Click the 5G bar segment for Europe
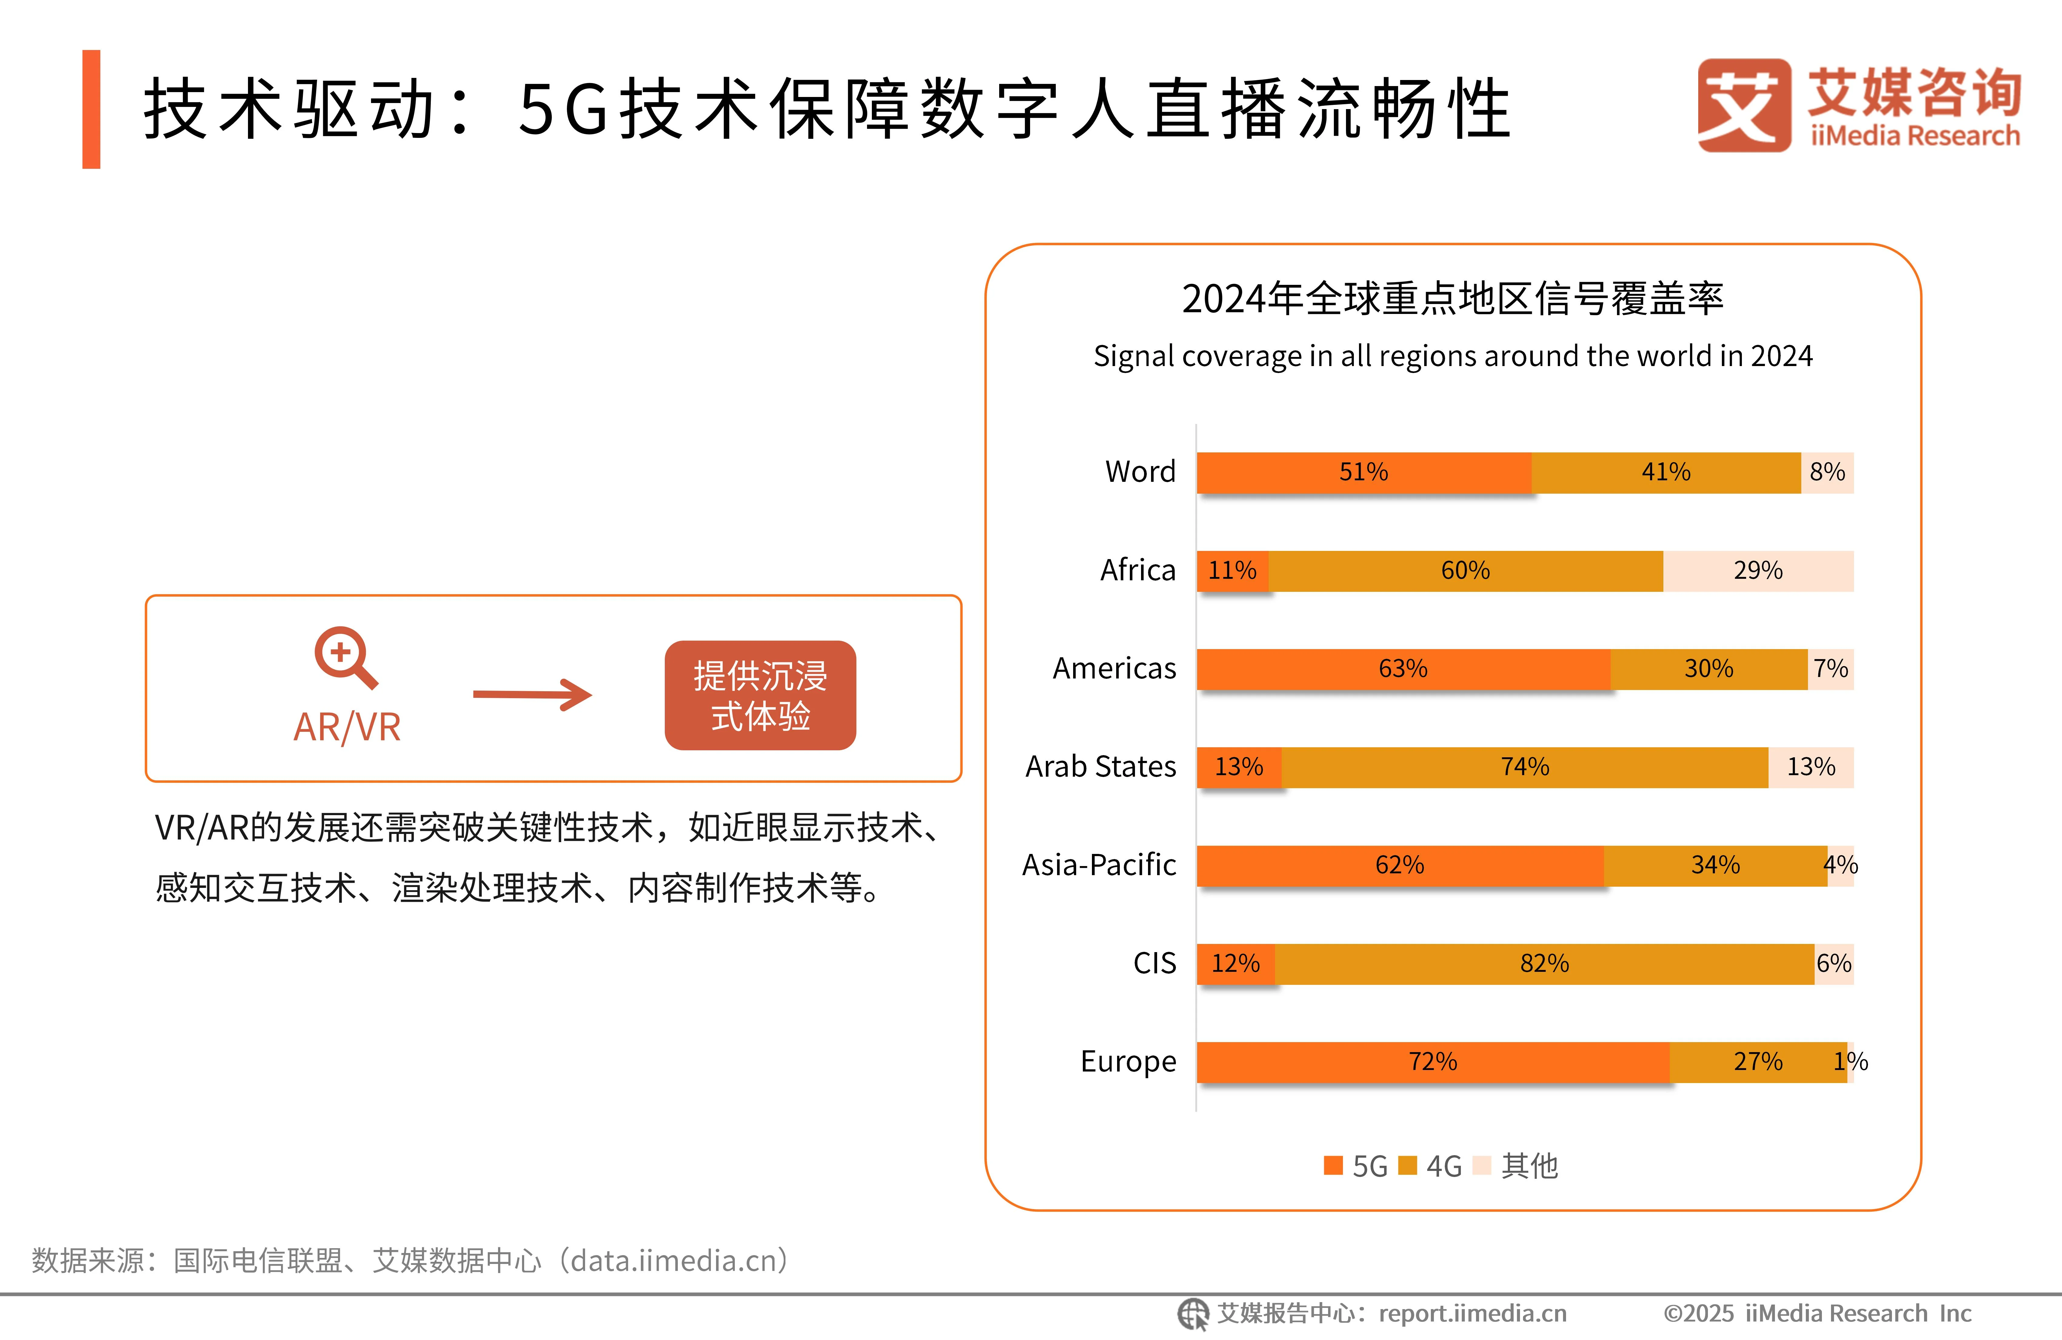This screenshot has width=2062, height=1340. point(1433,1062)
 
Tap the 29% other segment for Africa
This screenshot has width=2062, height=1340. point(1758,571)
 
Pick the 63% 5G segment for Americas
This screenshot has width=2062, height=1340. point(1403,669)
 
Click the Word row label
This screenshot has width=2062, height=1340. point(1140,472)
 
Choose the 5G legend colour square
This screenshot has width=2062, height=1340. point(1333,1166)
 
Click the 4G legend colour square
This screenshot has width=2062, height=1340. point(1407,1166)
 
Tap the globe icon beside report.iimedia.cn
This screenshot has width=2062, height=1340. point(1192,1313)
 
